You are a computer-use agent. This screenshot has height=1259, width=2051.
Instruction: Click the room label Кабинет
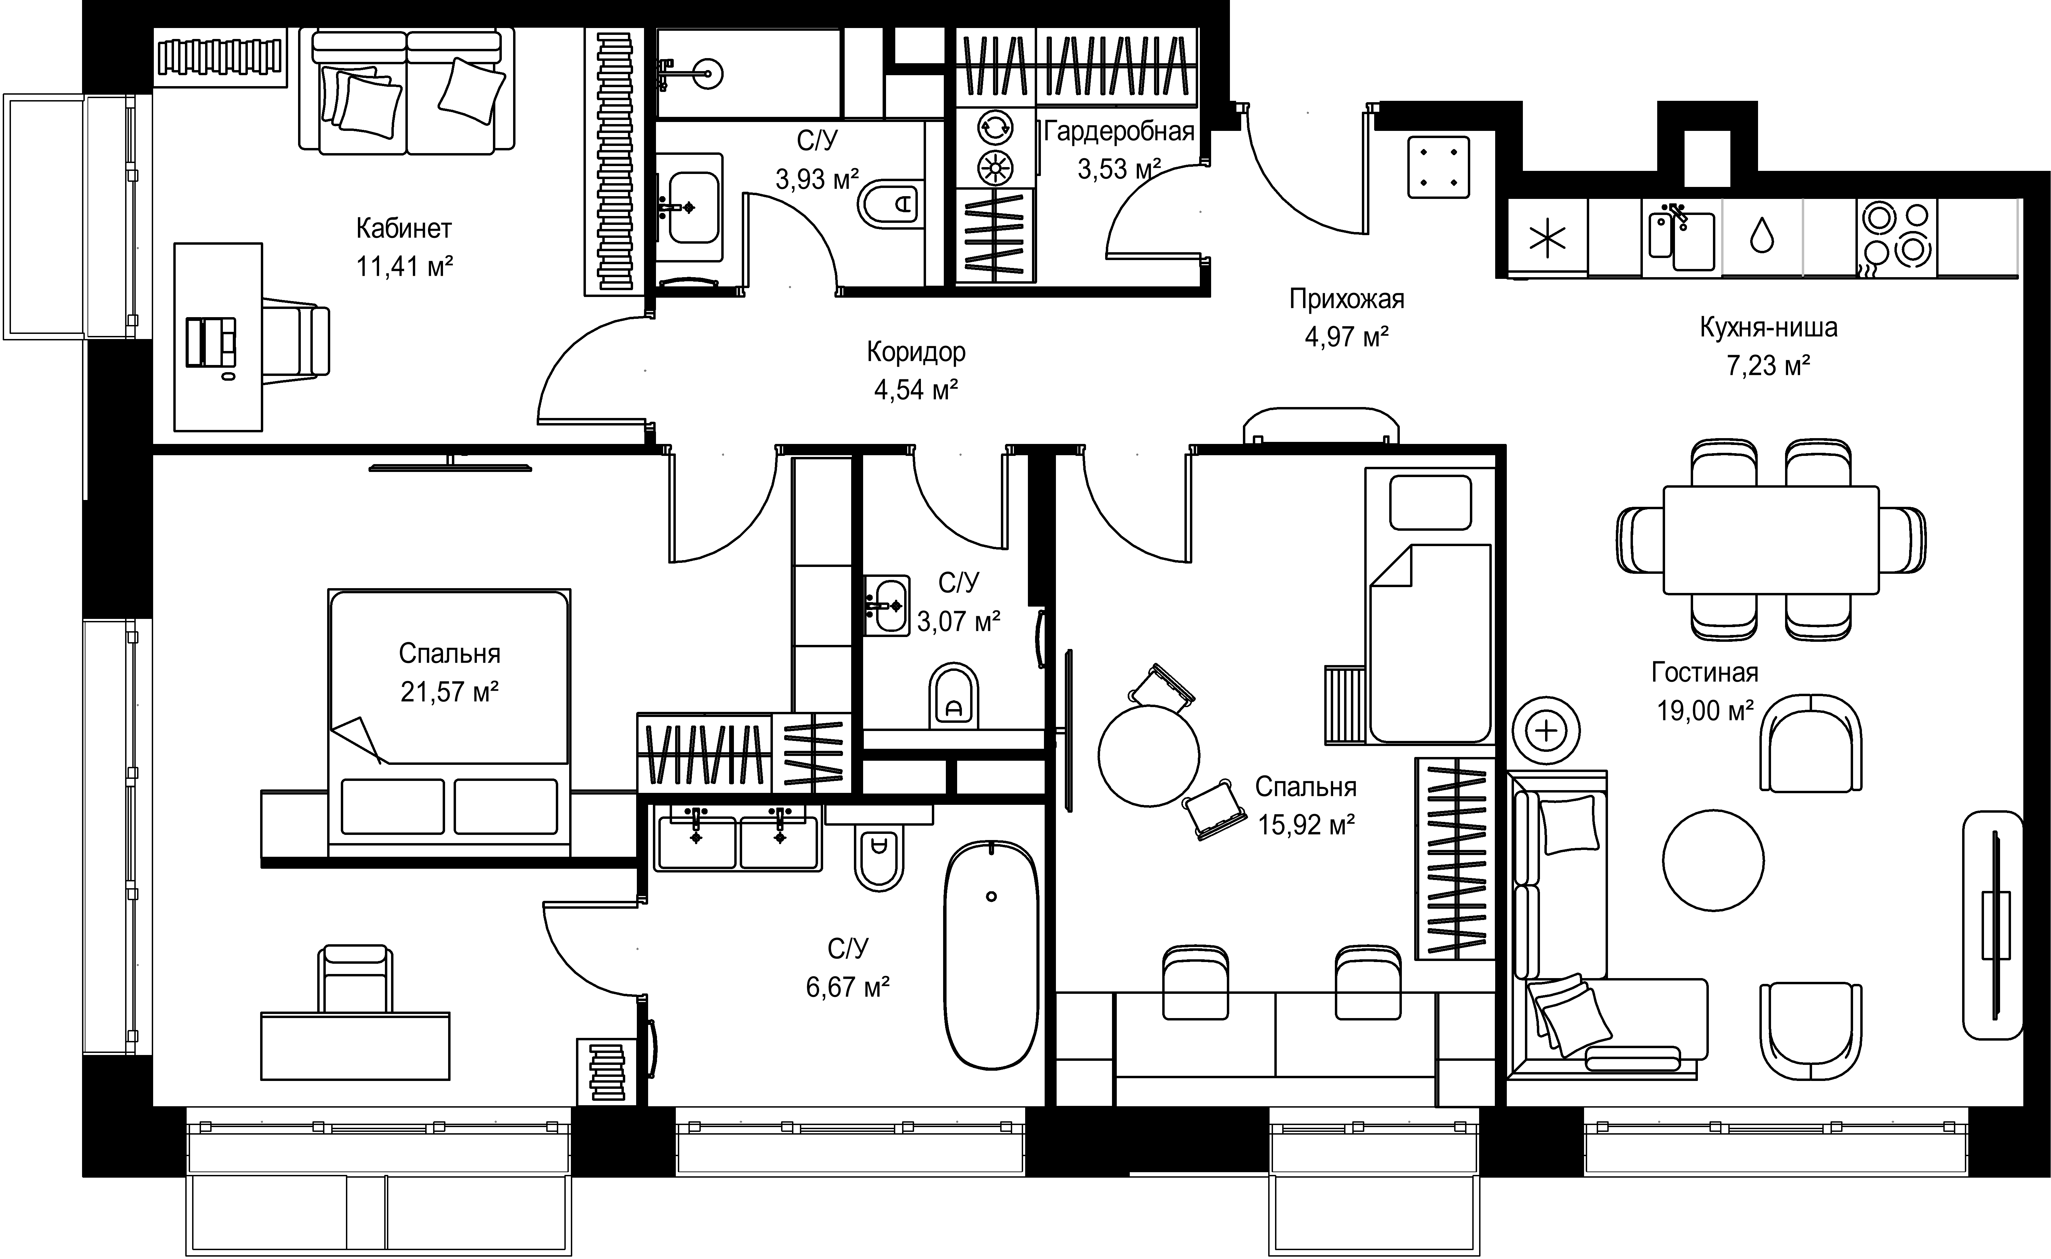[x=404, y=228]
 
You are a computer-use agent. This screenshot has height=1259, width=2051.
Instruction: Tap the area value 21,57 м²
[x=450, y=692]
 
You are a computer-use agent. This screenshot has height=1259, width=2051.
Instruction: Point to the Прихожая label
[x=1346, y=299]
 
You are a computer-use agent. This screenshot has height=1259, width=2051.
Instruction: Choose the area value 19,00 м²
[x=1705, y=710]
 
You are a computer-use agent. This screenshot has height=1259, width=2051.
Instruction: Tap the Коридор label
[x=916, y=352]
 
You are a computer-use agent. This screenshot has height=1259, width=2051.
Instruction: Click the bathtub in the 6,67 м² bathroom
[x=991, y=955]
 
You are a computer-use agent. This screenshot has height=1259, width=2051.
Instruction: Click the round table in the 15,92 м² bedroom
[x=1149, y=755]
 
